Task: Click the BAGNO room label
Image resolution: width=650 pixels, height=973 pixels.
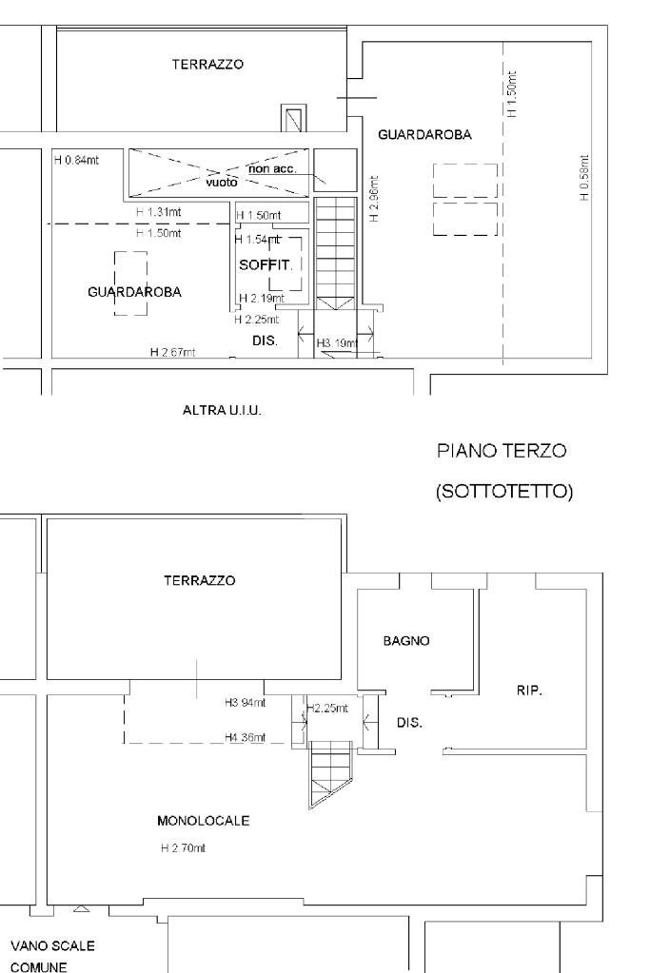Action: (406, 641)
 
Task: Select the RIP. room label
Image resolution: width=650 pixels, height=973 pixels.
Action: (529, 691)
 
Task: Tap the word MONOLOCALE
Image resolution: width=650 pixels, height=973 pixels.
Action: (204, 821)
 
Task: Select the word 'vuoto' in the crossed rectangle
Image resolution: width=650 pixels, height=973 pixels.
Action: (221, 181)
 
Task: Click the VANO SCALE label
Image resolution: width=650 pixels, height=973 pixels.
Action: (51, 947)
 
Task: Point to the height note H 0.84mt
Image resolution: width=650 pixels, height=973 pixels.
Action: (76, 160)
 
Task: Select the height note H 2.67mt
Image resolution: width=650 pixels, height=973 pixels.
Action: (172, 352)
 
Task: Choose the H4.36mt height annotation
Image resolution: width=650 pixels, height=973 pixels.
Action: (245, 737)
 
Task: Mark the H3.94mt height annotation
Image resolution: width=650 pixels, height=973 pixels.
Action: (245, 703)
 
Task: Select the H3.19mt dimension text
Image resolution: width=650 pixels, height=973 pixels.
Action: (336, 342)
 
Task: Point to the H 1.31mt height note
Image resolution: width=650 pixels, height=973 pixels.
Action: (156, 211)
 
